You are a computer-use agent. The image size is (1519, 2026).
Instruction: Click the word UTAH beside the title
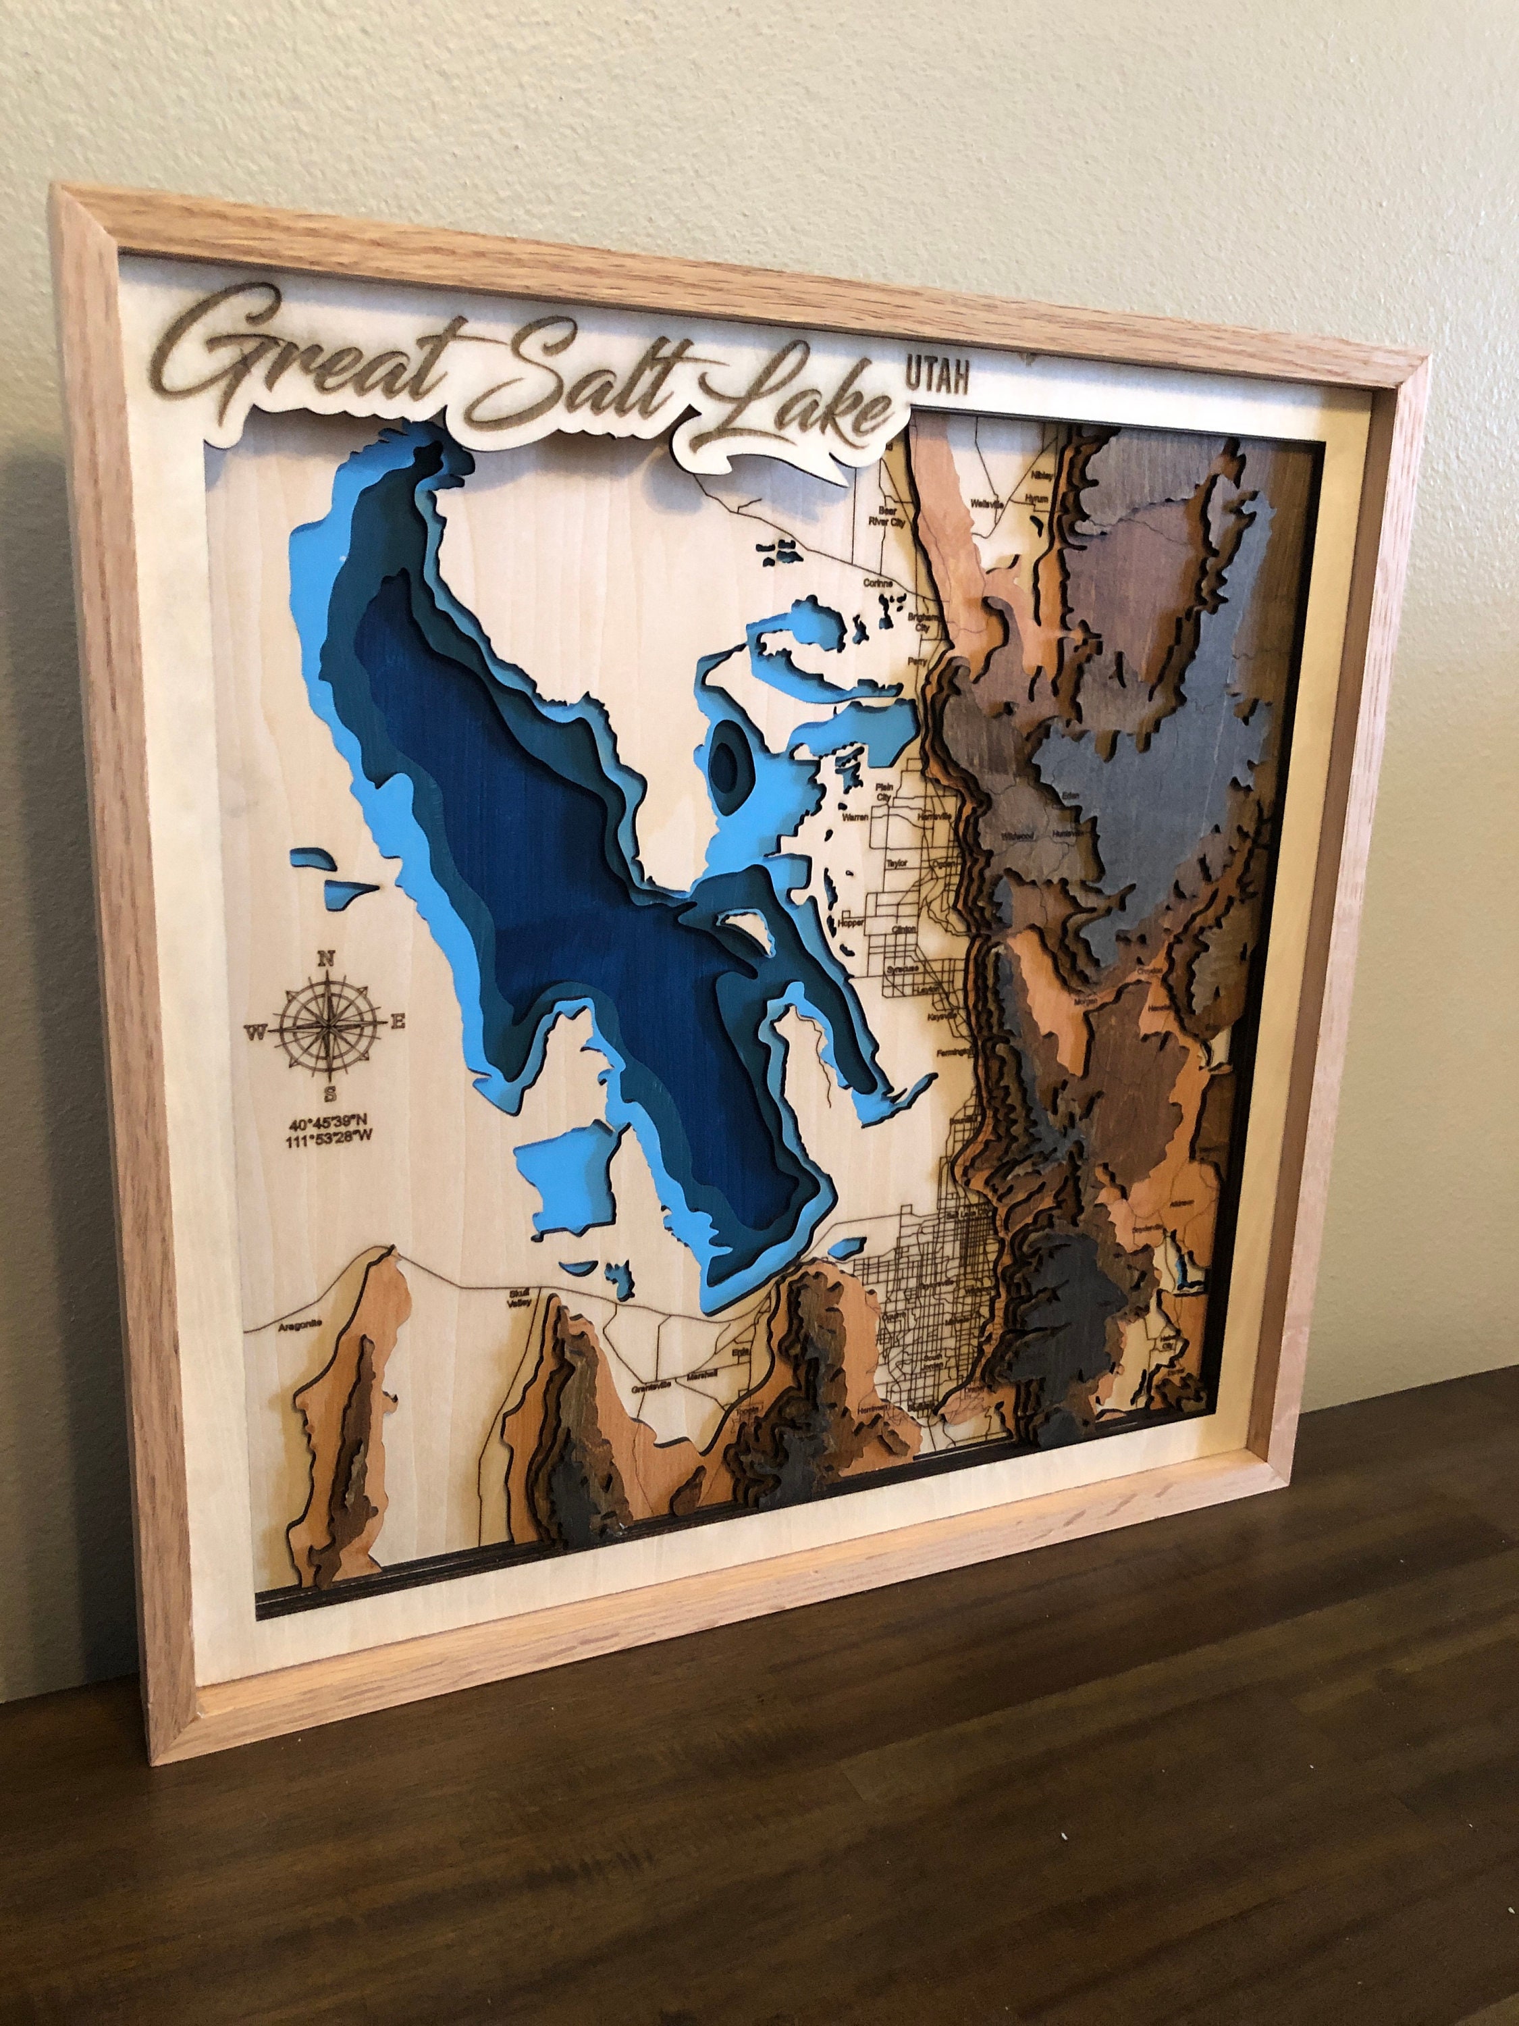pos(936,375)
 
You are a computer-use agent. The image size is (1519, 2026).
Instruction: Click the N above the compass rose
pos(325,959)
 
